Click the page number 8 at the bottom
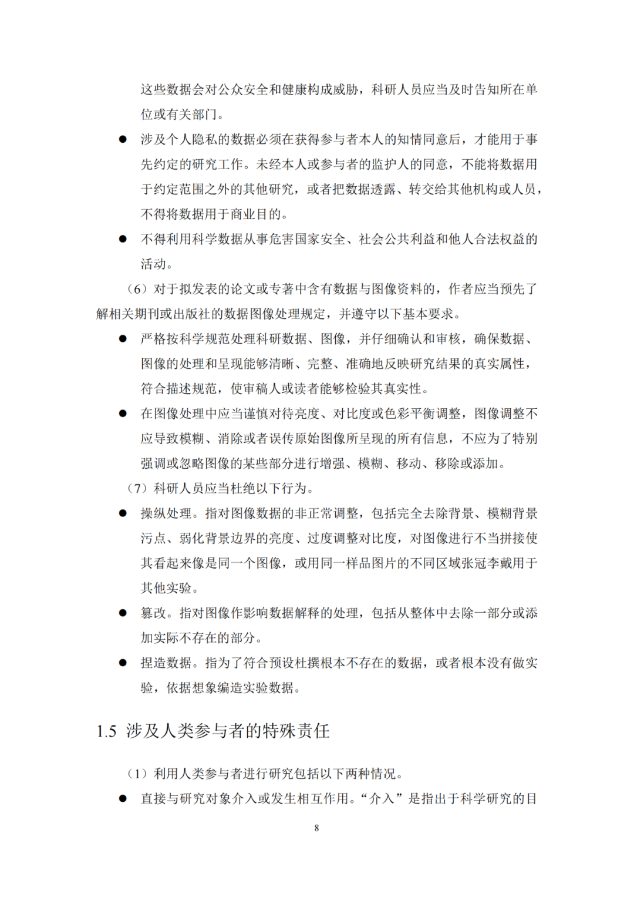(x=316, y=828)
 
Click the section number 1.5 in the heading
(x=106, y=731)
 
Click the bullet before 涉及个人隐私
(x=123, y=140)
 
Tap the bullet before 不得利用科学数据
(x=123, y=240)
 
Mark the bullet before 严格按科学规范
(x=123, y=339)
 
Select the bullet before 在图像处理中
(x=123, y=414)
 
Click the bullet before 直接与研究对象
(x=123, y=799)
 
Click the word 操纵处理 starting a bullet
(x=166, y=514)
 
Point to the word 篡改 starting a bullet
(x=153, y=614)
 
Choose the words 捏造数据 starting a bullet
(x=166, y=664)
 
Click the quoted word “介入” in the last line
(x=381, y=799)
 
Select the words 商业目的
(x=256, y=214)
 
